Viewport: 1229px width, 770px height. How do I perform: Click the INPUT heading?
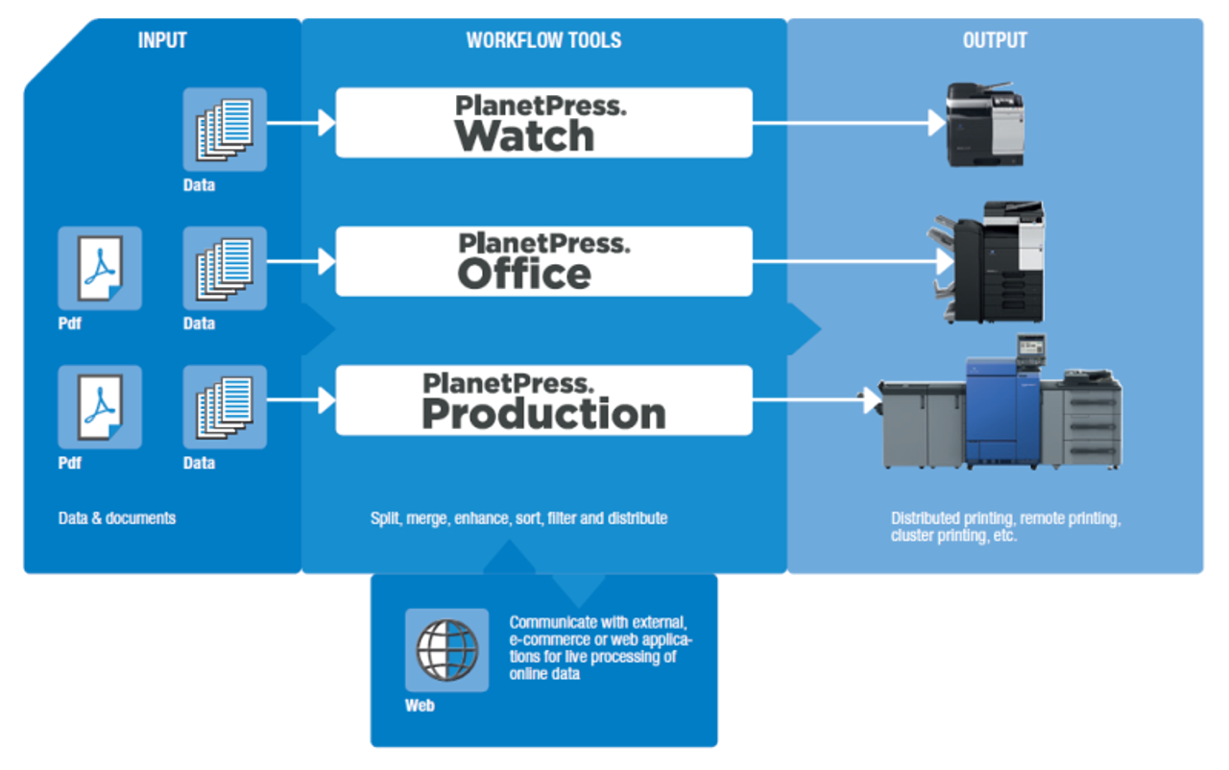[x=161, y=40]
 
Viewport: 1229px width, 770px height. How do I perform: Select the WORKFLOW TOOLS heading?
[x=543, y=40]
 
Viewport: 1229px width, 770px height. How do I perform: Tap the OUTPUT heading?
[x=995, y=40]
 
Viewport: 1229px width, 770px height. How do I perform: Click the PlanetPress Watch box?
[x=543, y=123]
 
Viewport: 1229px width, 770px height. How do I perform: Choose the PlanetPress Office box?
[x=543, y=261]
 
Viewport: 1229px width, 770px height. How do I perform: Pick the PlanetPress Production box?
[x=543, y=400]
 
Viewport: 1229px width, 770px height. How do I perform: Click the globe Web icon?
[x=446, y=650]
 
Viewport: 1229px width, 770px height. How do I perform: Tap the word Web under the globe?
[x=420, y=707]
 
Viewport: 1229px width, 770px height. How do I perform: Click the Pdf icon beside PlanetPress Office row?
[x=100, y=268]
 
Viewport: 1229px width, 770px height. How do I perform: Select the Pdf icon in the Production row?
[x=100, y=406]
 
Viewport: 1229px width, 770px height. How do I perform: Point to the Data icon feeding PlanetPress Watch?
[x=225, y=130]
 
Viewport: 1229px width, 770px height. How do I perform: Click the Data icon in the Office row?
[x=225, y=268]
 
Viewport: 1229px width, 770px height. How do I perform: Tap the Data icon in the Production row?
[x=225, y=406]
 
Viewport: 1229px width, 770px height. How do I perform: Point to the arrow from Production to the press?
[x=817, y=399]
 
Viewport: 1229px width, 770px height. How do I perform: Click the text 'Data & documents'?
[x=117, y=518]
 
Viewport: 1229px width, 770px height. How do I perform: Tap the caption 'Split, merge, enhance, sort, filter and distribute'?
[x=518, y=518]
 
